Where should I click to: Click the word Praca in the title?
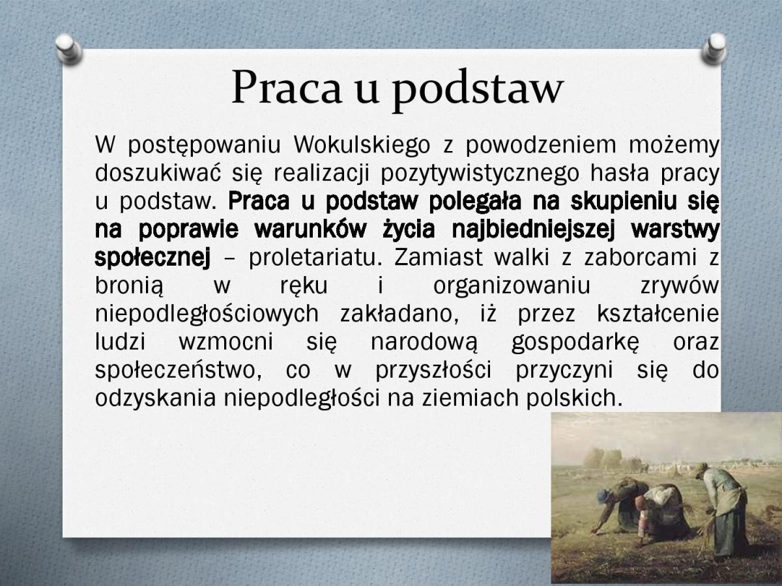[x=287, y=87]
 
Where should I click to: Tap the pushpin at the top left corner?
[x=68, y=48]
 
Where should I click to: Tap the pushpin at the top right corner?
[x=715, y=48]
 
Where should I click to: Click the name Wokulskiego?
[x=362, y=145]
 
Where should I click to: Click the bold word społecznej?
[x=152, y=257]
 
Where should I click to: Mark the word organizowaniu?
[x=512, y=286]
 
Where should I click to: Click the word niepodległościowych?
[x=207, y=314]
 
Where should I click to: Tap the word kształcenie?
[x=658, y=313]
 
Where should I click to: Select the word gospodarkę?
[x=575, y=342]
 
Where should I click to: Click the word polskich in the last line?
[x=574, y=397]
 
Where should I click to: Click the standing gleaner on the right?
[x=723, y=512]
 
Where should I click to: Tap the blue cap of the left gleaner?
[x=602, y=495]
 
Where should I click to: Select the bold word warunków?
[x=310, y=229]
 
